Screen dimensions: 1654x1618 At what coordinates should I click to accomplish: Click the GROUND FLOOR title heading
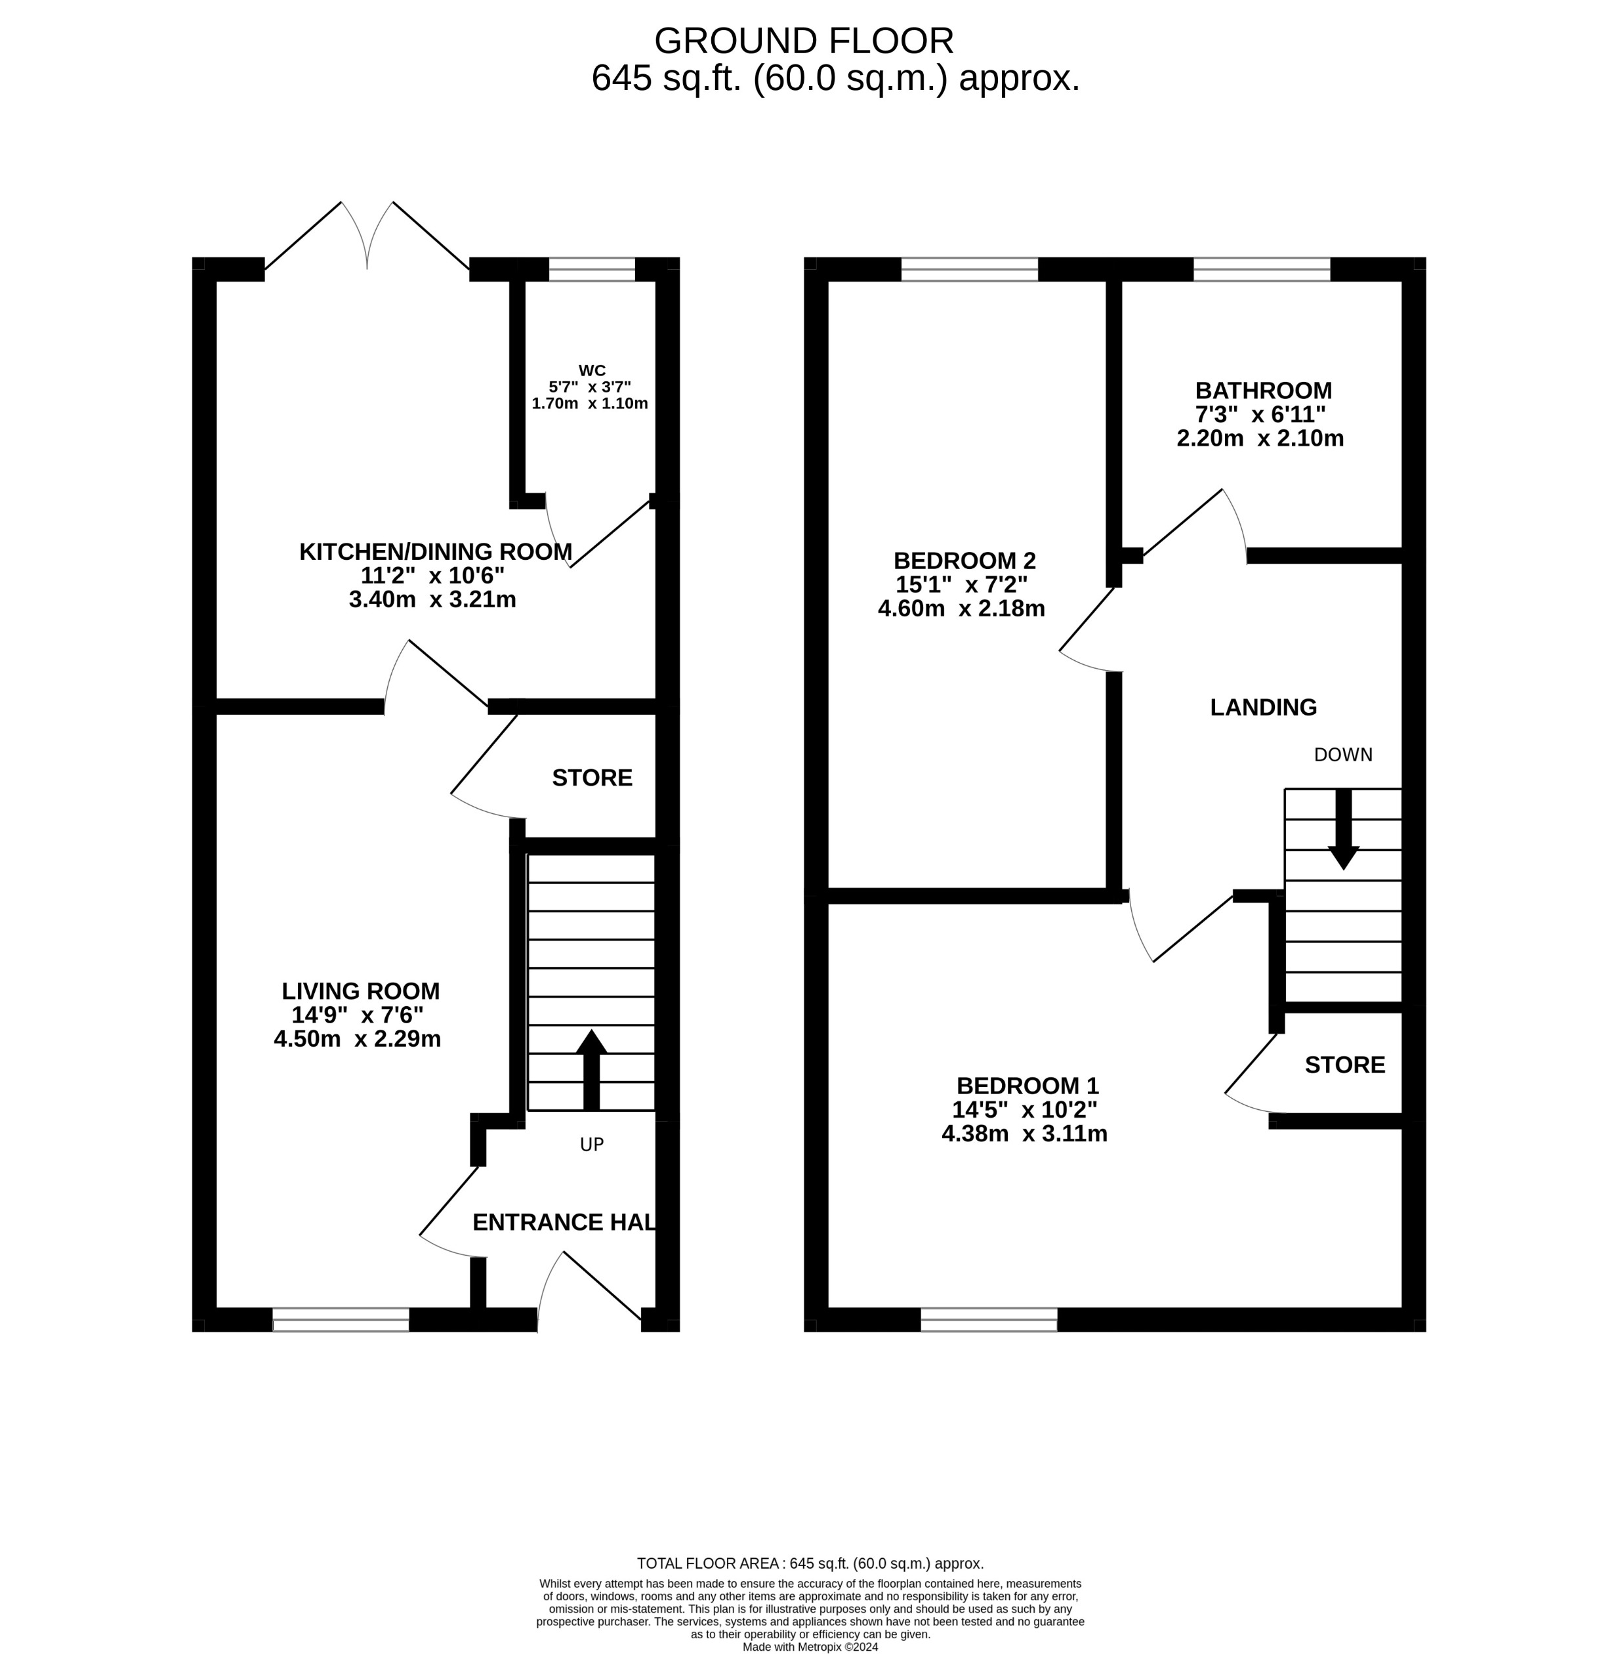[803, 41]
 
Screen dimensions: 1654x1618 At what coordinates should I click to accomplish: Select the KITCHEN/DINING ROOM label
[435, 551]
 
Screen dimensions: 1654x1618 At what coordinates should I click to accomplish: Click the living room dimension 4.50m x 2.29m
[357, 1038]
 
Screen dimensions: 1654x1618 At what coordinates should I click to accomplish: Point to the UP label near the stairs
[591, 1145]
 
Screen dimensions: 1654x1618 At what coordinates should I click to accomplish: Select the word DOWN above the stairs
[1342, 755]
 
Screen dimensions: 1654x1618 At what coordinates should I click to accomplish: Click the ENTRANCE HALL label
[564, 1222]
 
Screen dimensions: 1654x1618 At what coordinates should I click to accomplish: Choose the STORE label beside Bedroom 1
[1344, 1065]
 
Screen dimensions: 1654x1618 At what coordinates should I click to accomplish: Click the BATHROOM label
[1263, 391]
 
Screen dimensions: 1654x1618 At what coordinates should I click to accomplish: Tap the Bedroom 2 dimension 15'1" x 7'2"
[961, 585]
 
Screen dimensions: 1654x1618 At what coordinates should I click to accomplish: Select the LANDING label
[1263, 707]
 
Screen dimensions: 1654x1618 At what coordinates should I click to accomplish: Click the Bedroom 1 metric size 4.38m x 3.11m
[1024, 1134]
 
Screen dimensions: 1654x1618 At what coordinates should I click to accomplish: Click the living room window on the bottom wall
[341, 1319]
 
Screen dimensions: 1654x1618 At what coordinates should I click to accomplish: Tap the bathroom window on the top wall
[1261, 270]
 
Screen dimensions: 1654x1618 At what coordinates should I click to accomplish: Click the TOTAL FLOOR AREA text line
[810, 1563]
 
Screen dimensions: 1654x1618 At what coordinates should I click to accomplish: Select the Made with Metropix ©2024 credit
[810, 1646]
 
